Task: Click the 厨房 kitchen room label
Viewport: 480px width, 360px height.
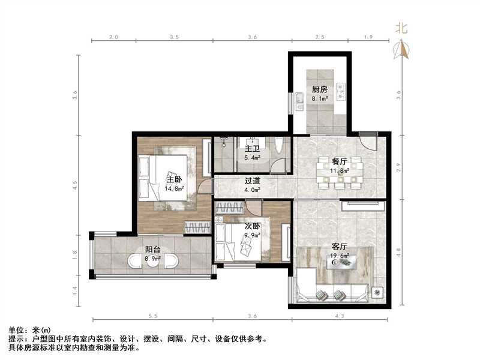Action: click(319, 90)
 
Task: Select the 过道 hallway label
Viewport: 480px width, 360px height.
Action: click(252, 180)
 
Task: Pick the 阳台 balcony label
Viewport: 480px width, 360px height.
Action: click(152, 250)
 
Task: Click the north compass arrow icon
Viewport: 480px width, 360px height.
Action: click(401, 49)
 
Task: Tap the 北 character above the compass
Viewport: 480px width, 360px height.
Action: click(401, 28)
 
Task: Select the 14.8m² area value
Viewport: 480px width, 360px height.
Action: click(174, 187)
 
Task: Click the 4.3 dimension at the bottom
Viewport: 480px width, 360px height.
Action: click(340, 316)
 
